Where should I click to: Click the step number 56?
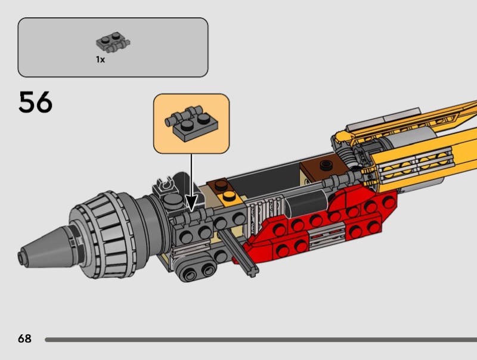35,102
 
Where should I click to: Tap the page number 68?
24,339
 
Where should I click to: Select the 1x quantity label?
100,60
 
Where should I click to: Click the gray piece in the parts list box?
113,42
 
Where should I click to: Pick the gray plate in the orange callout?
191,123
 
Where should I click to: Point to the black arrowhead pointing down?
191,203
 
